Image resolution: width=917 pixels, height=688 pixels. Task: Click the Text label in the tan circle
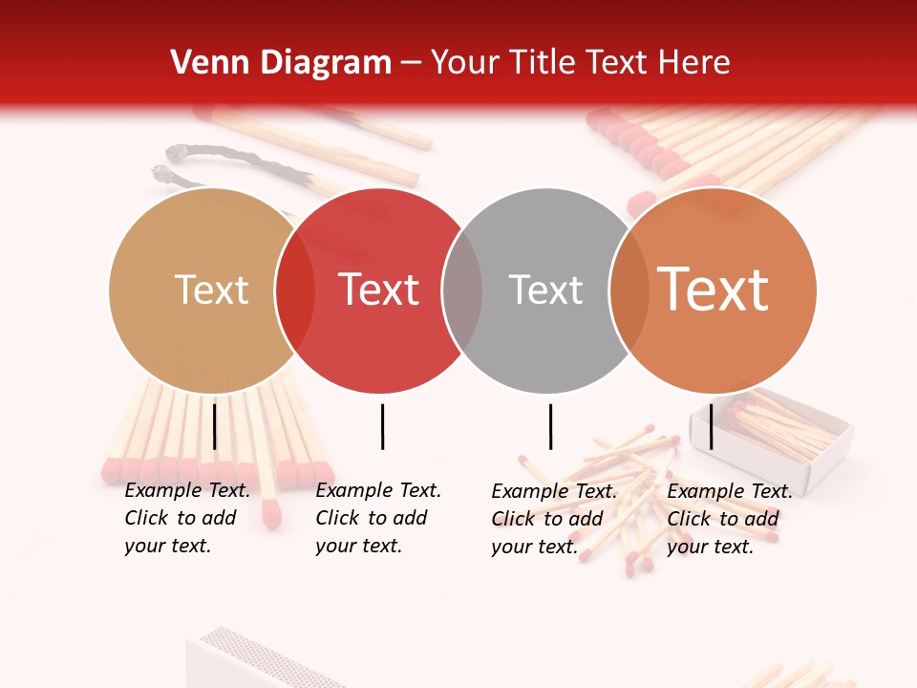(x=211, y=290)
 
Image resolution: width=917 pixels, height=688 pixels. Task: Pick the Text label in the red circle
(x=378, y=290)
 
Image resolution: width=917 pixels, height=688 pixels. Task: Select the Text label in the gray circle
(x=545, y=290)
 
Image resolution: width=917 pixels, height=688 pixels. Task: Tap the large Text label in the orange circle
(x=713, y=290)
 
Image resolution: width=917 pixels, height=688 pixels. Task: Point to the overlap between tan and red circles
(x=295, y=290)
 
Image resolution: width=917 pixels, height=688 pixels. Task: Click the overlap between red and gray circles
(x=462, y=290)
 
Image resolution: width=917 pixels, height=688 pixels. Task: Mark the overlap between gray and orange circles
(x=629, y=290)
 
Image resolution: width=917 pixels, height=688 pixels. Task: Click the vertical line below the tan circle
(x=214, y=426)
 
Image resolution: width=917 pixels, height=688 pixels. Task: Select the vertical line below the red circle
(x=382, y=426)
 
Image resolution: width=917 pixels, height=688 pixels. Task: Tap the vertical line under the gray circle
(x=550, y=426)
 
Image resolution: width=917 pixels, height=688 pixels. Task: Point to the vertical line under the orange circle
(x=711, y=426)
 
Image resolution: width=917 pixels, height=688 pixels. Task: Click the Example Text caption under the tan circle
(x=186, y=518)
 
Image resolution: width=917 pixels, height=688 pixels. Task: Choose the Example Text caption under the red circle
(x=377, y=518)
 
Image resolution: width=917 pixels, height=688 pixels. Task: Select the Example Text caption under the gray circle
(x=553, y=519)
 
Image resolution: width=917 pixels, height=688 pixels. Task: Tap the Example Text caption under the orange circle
(x=729, y=519)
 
